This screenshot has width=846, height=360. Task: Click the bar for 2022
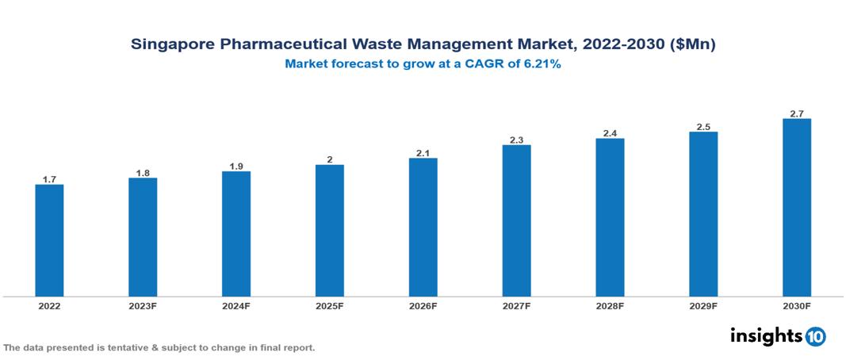pyautogui.click(x=49, y=240)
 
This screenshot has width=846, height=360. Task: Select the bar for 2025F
pyautogui.click(x=330, y=231)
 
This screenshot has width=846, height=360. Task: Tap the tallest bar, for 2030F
pyautogui.click(x=797, y=208)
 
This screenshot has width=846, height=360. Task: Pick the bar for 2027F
pyautogui.click(x=516, y=220)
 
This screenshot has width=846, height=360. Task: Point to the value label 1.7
pyautogui.click(x=49, y=179)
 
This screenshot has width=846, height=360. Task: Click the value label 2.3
pyautogui.click(x=516, y=140)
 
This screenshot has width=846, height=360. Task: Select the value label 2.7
pyautogui.click(x=797, y=113)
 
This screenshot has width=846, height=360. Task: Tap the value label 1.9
pyautogui.click(x=236, y=166)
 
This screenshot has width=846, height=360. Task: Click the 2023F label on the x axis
pyautogui.click(x=143, y=305)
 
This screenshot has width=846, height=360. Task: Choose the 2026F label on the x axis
pyautogui.click(x=423, y=305)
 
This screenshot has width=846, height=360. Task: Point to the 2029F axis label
pyautogui.click(x=703, y=305)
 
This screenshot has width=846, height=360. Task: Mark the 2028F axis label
pyautogui.click(x=610, y=305)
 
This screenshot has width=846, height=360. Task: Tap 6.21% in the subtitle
pyautogui.click(x=542, y=65)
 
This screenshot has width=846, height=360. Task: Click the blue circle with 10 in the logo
pyautogui.click(x=815, y=336)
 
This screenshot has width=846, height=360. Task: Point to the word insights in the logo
pyautogui.click(x=766, y=335)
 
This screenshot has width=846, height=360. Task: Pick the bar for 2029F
pyautogui.click(x=703, y=214)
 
